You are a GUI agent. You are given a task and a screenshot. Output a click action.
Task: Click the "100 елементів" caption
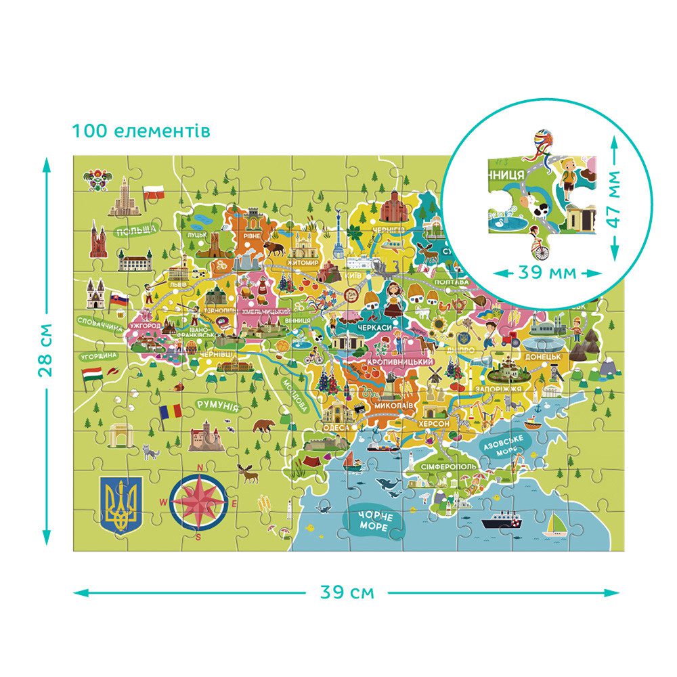point(141,130)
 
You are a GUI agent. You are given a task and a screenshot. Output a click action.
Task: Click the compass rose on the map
point(199,502)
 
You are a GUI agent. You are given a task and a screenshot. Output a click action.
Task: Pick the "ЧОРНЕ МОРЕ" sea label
point(371,521)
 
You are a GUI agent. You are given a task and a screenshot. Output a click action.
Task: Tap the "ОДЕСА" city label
point(336,428)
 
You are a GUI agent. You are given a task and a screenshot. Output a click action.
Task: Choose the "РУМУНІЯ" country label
point(217,406)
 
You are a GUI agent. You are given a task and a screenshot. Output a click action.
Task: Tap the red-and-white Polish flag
point(156,192)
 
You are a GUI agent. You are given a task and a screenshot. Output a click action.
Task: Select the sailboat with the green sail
point(557,523)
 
